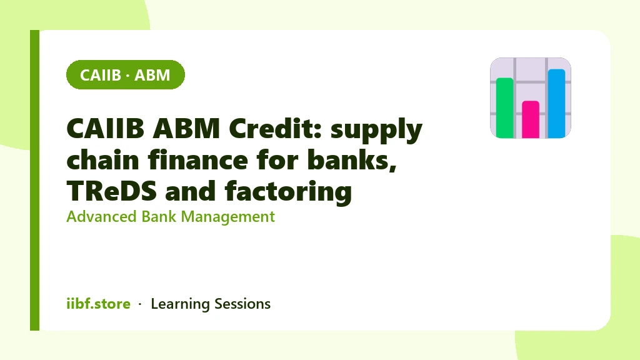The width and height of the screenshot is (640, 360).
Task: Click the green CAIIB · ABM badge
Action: [125, 75]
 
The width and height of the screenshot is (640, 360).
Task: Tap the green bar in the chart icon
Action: [504, 107]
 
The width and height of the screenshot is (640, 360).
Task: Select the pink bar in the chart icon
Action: [531, 119]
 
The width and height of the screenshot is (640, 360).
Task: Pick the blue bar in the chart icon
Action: [556, 103]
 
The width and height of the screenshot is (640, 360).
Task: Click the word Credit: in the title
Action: [276, 128]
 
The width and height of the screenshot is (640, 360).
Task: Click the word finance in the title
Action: [198, 159]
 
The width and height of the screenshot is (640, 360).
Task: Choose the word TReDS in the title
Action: [111, 191]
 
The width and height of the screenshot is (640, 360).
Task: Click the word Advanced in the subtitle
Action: [101, 216]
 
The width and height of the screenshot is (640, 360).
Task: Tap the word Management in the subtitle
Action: [227, 217]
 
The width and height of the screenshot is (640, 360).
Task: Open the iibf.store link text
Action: [98, 304]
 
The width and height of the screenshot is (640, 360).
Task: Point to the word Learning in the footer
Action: [180, 304]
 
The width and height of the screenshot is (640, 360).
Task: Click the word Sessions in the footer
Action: [242, 304]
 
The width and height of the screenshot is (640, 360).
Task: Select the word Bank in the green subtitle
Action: [159, 216]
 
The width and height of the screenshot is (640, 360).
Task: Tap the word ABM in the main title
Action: [186, 128]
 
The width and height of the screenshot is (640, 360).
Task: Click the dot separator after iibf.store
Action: [140, 304]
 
